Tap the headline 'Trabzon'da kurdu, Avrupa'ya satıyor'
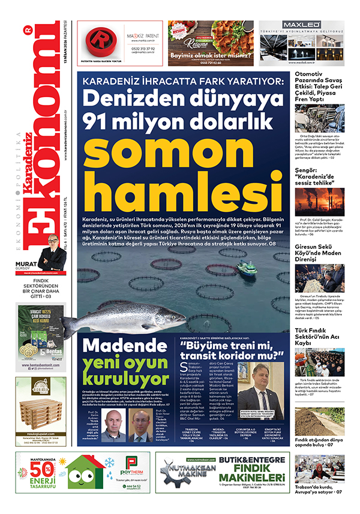[x=321, y=488]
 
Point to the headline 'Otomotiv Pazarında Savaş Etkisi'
[x=321, y=84]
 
